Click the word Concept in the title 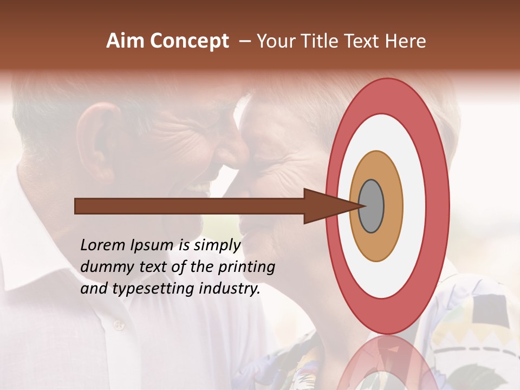(189, 41)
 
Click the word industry (229, 289)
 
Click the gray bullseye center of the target (372, 206)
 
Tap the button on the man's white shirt (118, 324)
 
